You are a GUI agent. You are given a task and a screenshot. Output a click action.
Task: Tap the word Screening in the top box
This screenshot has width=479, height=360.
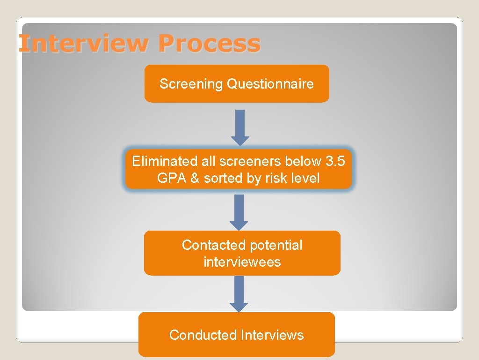tap(191, 84)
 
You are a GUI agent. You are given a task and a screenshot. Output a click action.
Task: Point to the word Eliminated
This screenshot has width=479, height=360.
tap(159, 161)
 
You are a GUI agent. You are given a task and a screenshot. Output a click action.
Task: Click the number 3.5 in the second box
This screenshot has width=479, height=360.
tap(335, 161)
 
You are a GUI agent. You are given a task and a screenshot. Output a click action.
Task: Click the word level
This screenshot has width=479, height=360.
tap(304, 178)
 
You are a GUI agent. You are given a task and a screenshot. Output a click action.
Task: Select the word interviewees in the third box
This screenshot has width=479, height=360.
tap(242, 262)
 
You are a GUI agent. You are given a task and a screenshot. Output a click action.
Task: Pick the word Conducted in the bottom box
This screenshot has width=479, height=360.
tap(203, 335)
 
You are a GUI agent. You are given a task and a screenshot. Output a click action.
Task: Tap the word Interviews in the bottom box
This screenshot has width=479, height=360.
tap(272, 335)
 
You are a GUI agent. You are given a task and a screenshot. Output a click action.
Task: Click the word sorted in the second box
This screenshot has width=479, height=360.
tap(220, 178)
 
